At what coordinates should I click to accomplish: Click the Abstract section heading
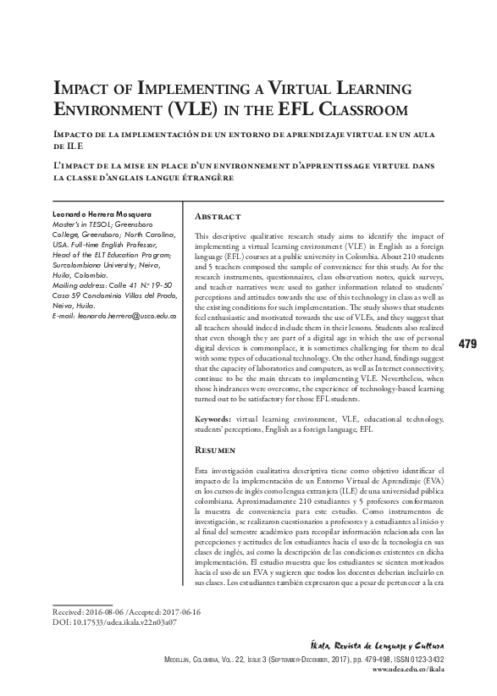(218, 217)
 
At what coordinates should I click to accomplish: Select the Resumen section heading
(217, 451)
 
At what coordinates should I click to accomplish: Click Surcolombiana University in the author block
(94, 266)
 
